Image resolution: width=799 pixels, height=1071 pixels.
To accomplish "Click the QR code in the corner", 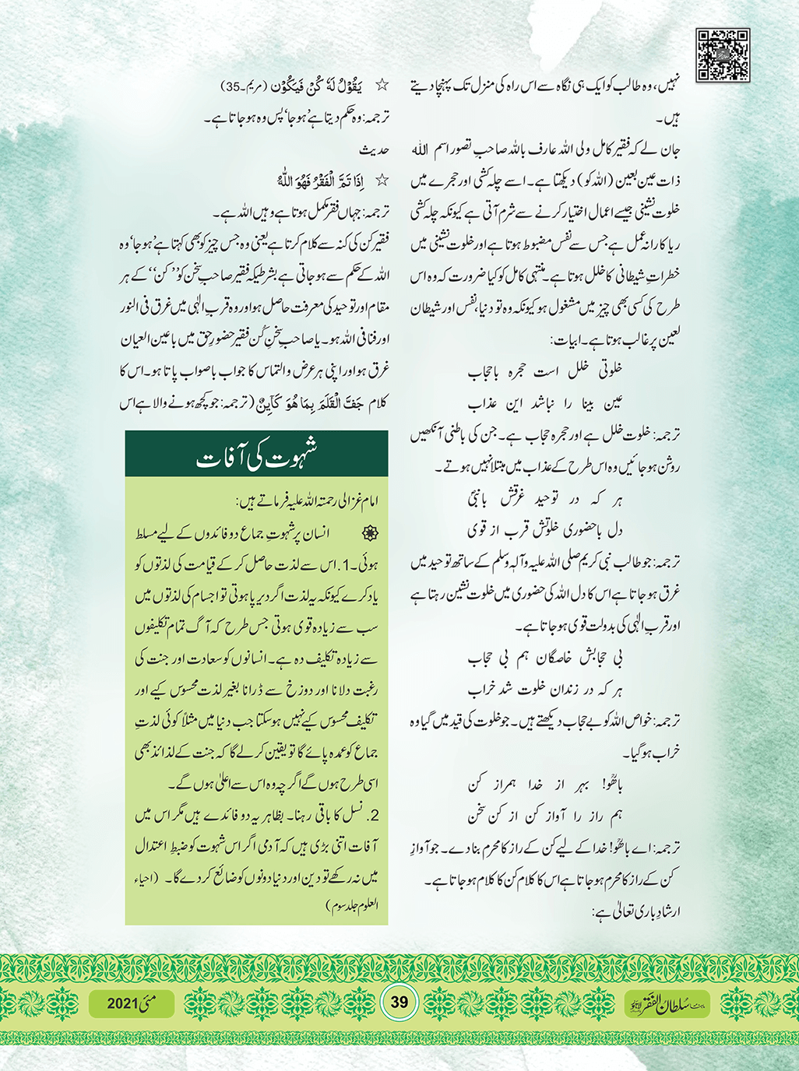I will [723, 55].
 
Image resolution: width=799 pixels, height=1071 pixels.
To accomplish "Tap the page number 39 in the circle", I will [399, 1003].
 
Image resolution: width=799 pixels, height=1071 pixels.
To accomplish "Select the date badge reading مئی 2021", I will [131, 1003].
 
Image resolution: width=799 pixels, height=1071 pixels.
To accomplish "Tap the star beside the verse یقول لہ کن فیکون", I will [382, 85].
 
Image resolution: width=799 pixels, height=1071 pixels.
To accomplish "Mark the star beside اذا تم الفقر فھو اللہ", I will [382, 181].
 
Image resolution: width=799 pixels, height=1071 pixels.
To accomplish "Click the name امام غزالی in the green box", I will [354, 502].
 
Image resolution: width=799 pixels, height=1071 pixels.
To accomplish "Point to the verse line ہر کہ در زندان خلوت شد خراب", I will [545, 690].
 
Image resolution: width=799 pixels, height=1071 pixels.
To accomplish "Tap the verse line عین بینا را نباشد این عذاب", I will [545, 403].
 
